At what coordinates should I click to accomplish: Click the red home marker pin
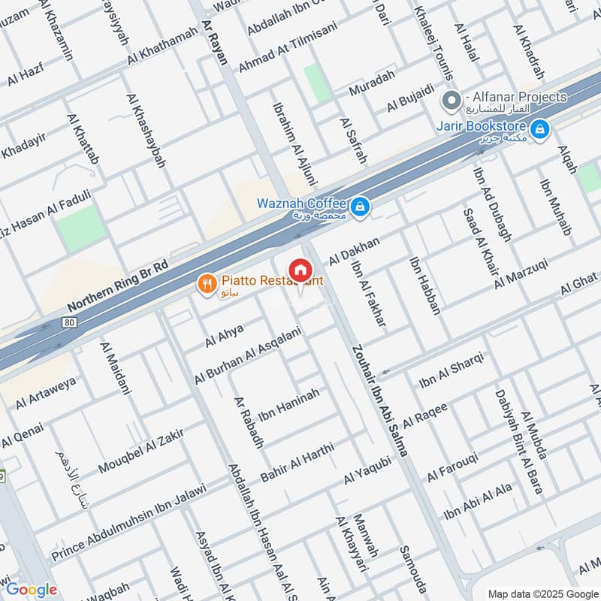click(x=300, y=269)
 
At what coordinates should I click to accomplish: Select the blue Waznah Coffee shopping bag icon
click(x=360, y=204)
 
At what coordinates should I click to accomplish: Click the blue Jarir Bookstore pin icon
click(x=539, y=131)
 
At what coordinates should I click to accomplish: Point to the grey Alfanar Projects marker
click(x=452, y=99)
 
